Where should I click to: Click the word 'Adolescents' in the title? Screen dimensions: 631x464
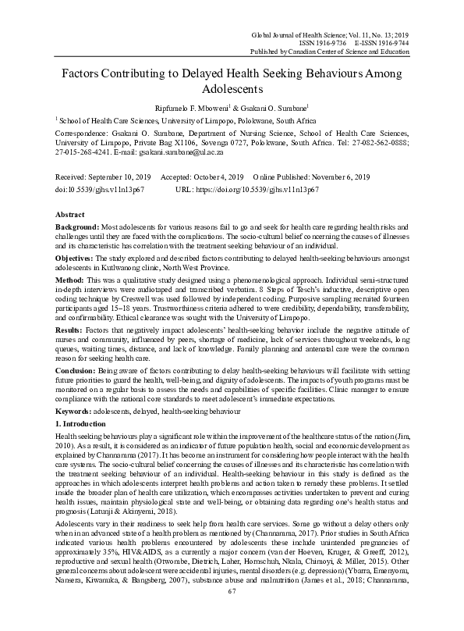pos(232,88)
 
